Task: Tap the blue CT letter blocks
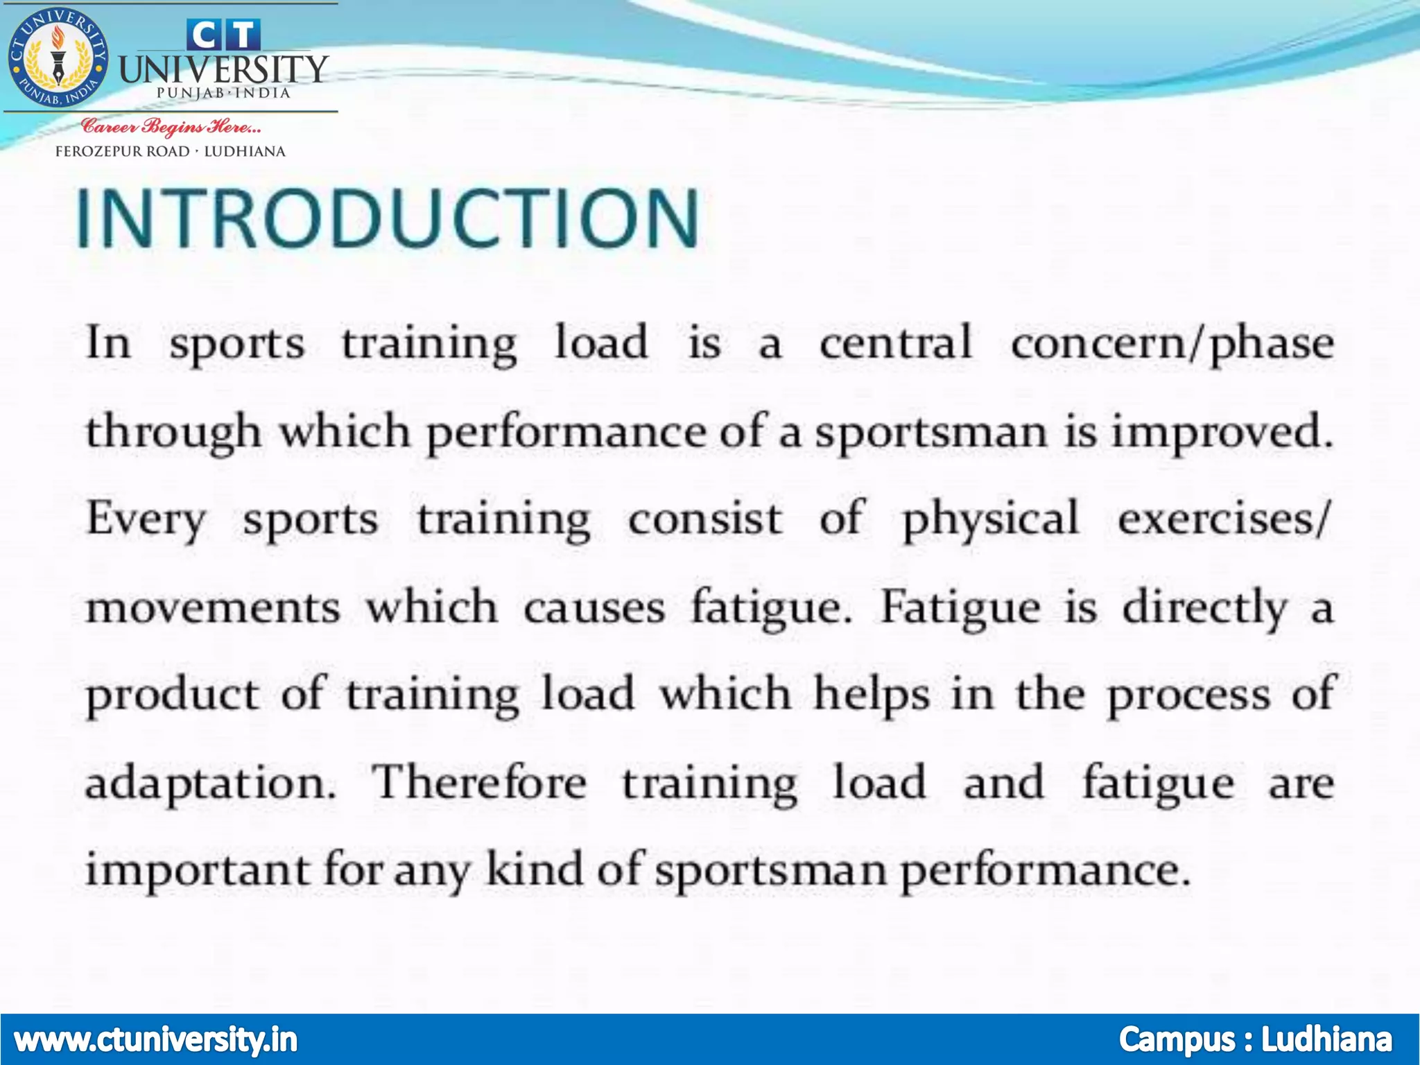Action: tap(223, 35)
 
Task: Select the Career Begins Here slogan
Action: tap(171, 126)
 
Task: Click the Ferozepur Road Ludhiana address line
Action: tap(171, 151)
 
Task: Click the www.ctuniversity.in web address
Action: tap(155, 1039)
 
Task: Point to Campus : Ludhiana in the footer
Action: tap(1255, 1039)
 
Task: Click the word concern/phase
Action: tap(1172, 344)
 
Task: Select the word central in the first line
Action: tap(896, 344)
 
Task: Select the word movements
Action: tap(212, 607)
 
